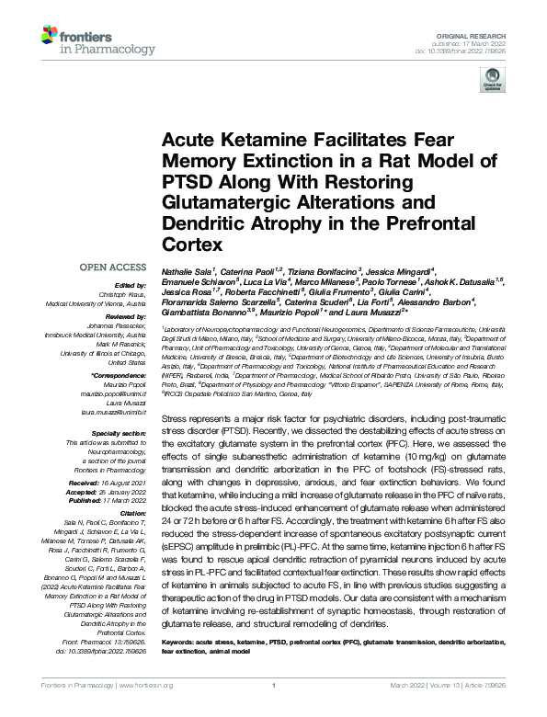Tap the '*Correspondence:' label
coord(119,375)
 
